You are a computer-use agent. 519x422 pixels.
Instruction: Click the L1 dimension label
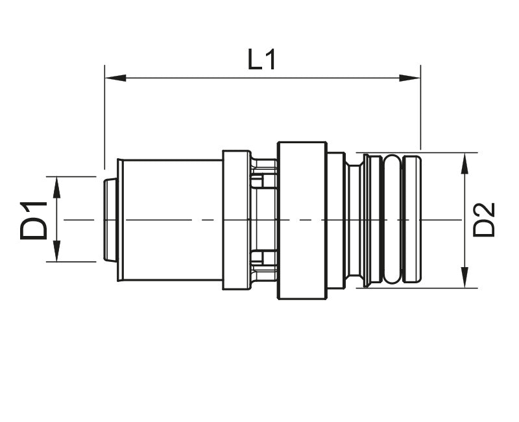tap(261, 60)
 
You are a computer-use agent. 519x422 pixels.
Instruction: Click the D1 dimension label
tap(33, 220)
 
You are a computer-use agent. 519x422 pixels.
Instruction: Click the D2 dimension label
tap(483, 220)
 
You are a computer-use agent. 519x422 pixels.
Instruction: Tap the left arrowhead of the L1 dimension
tap(115, 78)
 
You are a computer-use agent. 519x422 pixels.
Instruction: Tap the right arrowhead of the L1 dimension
tap(410, 78)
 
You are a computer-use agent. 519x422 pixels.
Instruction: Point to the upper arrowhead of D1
tap(57, 187)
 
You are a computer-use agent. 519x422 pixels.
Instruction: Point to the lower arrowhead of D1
tap(57, 251)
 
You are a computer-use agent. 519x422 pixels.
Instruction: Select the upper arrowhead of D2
tap(465, 163)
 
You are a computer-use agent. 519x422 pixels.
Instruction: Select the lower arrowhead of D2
tap(465, 277)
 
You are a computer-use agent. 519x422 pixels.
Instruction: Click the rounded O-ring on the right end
tap(392, 219)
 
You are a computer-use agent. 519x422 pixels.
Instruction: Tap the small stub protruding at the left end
tap(110, 220)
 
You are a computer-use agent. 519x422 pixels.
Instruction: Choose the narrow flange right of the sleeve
tap(237, 220)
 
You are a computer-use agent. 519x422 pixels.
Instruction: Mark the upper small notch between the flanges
tap(258, 181)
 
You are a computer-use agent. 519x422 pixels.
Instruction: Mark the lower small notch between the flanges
tap(258, 257)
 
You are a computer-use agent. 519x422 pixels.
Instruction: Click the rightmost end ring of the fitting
tap(413, 219)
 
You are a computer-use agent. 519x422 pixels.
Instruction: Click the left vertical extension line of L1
tap(104, 117)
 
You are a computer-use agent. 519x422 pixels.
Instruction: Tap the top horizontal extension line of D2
tap(416, 152)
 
